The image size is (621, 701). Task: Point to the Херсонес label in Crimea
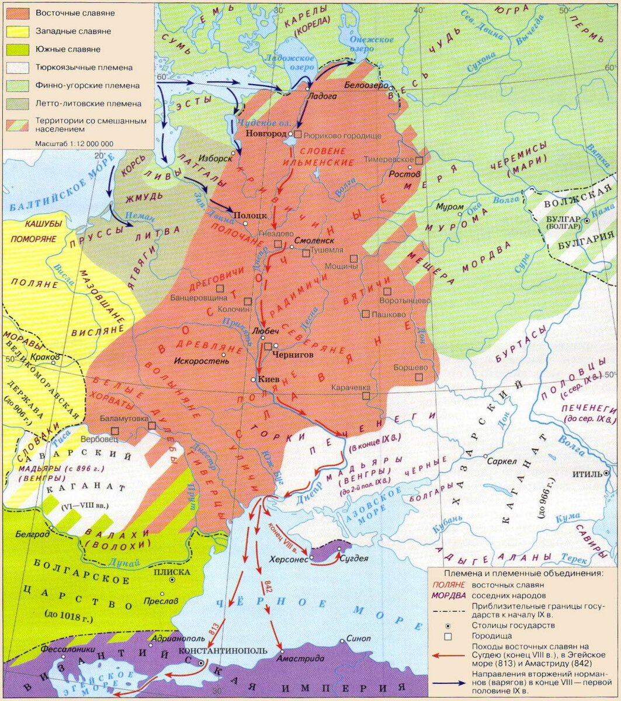[x=288, y=558]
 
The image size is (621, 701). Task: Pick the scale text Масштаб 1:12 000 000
[x=74, y=143]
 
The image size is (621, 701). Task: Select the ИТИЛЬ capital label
[x=588, y=473]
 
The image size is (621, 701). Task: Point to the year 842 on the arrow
[x=269, y=585]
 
